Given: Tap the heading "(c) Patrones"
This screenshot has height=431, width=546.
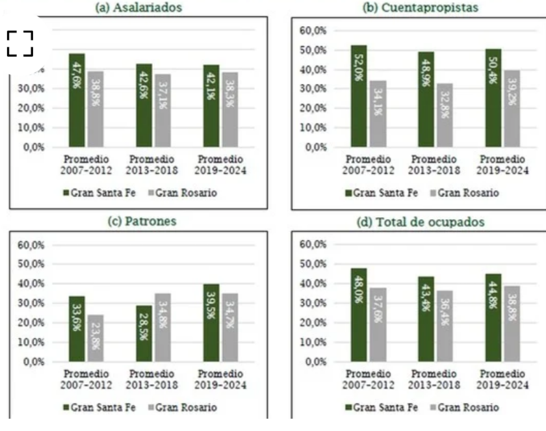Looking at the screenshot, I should [142, 221].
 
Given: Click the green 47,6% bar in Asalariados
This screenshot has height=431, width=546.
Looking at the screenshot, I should [77, 101].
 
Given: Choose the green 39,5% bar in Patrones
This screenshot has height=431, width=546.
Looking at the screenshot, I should [211, 322].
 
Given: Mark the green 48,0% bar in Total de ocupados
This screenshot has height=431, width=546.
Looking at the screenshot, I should [359, 315].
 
